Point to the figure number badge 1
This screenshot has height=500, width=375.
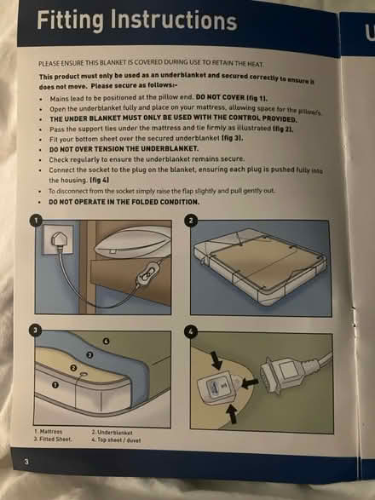[36, 220]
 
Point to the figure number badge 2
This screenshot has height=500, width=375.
[192, 220]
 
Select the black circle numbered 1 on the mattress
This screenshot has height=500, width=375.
[56, 385]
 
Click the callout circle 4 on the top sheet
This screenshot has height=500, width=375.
[106, 341]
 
